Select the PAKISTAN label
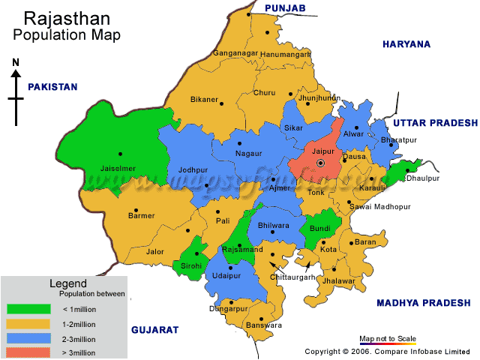pyautogui.click(x=52, y=87)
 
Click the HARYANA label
pyautogui.click(x=406, y=44)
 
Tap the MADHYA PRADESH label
pyautogui.click(x=424, y=302)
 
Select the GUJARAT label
pyautogui.click(x=154, y=330)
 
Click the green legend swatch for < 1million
pyautogui.click(x=28, y=308)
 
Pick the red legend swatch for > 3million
pyautogui.click(x=28, y=352)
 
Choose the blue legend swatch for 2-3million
pyautogui.click(x=28, y=337)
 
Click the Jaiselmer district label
pyautogui.click(x=118, y=169)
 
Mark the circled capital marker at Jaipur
pyautogui.click(x=321, y=163)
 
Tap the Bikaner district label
pyautogui.click(x=204, y=100)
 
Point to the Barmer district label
pyautogui.click(x=142, y=216)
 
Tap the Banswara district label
pyautogui.click(x=263, y=325)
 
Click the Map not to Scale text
pyautogui.click(x=387, y=338)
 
